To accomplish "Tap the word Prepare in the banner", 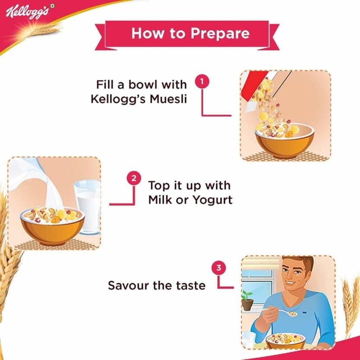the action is click(220, 34).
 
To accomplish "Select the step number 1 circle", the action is click(202, 82).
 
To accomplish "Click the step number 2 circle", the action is click(134, 178).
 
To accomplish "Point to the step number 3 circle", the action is click(219, 268).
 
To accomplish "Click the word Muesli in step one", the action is click(168, 99).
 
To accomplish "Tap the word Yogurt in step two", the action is click(212, 200).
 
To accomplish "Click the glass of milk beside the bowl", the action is click(88, 207).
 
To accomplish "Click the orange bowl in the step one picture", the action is click(285, 141).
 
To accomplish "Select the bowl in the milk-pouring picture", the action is click(53, 226).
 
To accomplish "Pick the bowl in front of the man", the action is click(286, 341).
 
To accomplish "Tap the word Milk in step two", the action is click(161, 199).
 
